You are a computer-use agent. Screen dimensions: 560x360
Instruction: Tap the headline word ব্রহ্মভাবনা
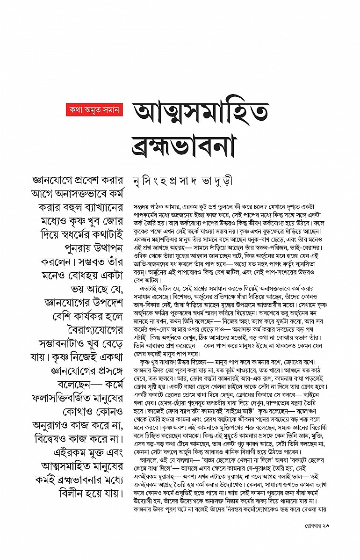(189, 144)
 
